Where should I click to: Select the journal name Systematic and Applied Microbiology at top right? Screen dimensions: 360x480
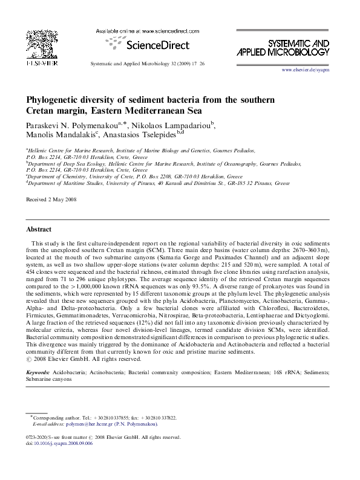[x=298, y=48]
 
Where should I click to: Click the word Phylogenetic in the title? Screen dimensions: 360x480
[x=55, y=99]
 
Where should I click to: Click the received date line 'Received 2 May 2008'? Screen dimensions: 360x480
[x=51, y=199]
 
